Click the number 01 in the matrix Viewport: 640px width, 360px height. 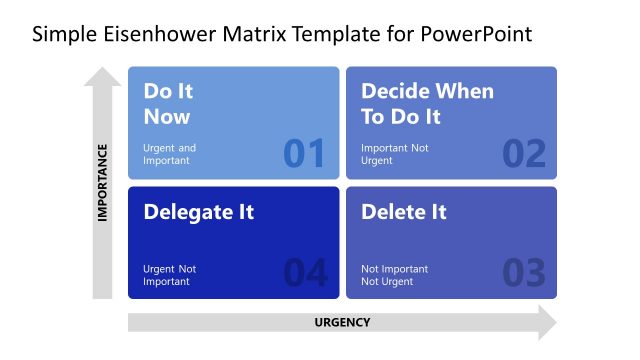(x=304, y=153)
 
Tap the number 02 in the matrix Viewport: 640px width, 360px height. (x=524, y=153)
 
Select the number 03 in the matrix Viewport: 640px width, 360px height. (x=524, y=273)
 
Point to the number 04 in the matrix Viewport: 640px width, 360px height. (x=305, y=273)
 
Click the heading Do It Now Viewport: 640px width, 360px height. (x=167, y=103)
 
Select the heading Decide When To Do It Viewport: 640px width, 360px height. (x=427, y=103)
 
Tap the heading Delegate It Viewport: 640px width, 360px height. (x=199, y=212)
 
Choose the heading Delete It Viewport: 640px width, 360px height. (x=403, y=212)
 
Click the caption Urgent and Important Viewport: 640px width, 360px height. (x=170, y=154)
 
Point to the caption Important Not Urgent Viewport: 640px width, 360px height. (x=394, y=154)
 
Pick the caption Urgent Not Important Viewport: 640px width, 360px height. (x=170, y=275)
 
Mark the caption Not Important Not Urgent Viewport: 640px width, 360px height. (x=394, y=275)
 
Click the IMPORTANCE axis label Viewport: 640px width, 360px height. (x=102, y=183)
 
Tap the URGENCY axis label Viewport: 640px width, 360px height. (x=342, y=322)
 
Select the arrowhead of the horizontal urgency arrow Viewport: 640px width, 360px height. (x=546, y=322)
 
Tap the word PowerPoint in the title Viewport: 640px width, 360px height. (x=477, y=35)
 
